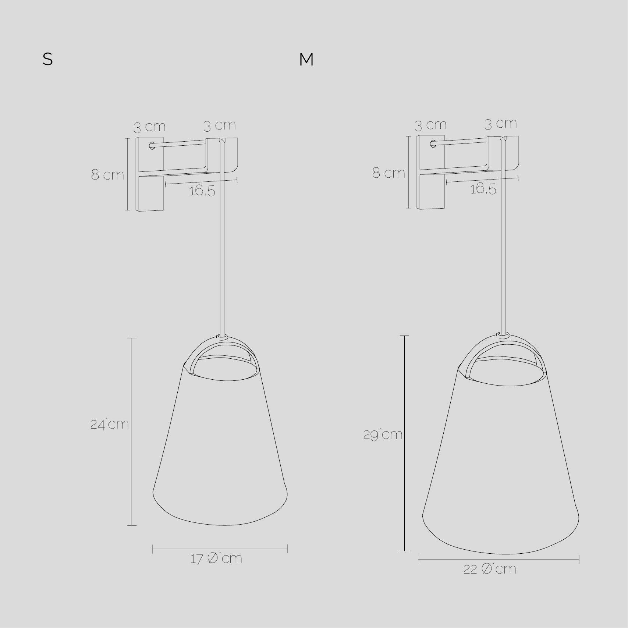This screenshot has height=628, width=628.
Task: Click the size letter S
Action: (x=48, y=59)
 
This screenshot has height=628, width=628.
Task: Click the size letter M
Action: (x=306, y=60)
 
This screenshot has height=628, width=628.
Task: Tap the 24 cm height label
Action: (x=110, y=424)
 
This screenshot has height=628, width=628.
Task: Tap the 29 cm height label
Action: (x=383, y=434)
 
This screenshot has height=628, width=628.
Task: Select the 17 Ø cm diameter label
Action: (x=216, y=558)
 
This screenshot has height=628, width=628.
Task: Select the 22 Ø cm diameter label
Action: (x=490, y=569)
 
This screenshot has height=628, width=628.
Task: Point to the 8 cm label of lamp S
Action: (x=107, y=175)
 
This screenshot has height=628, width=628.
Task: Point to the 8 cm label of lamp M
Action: (x=388, y=173)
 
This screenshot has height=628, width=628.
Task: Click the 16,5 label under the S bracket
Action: (x=202, y=191)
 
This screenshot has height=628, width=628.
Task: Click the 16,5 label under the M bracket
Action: (x=483, y=189)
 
